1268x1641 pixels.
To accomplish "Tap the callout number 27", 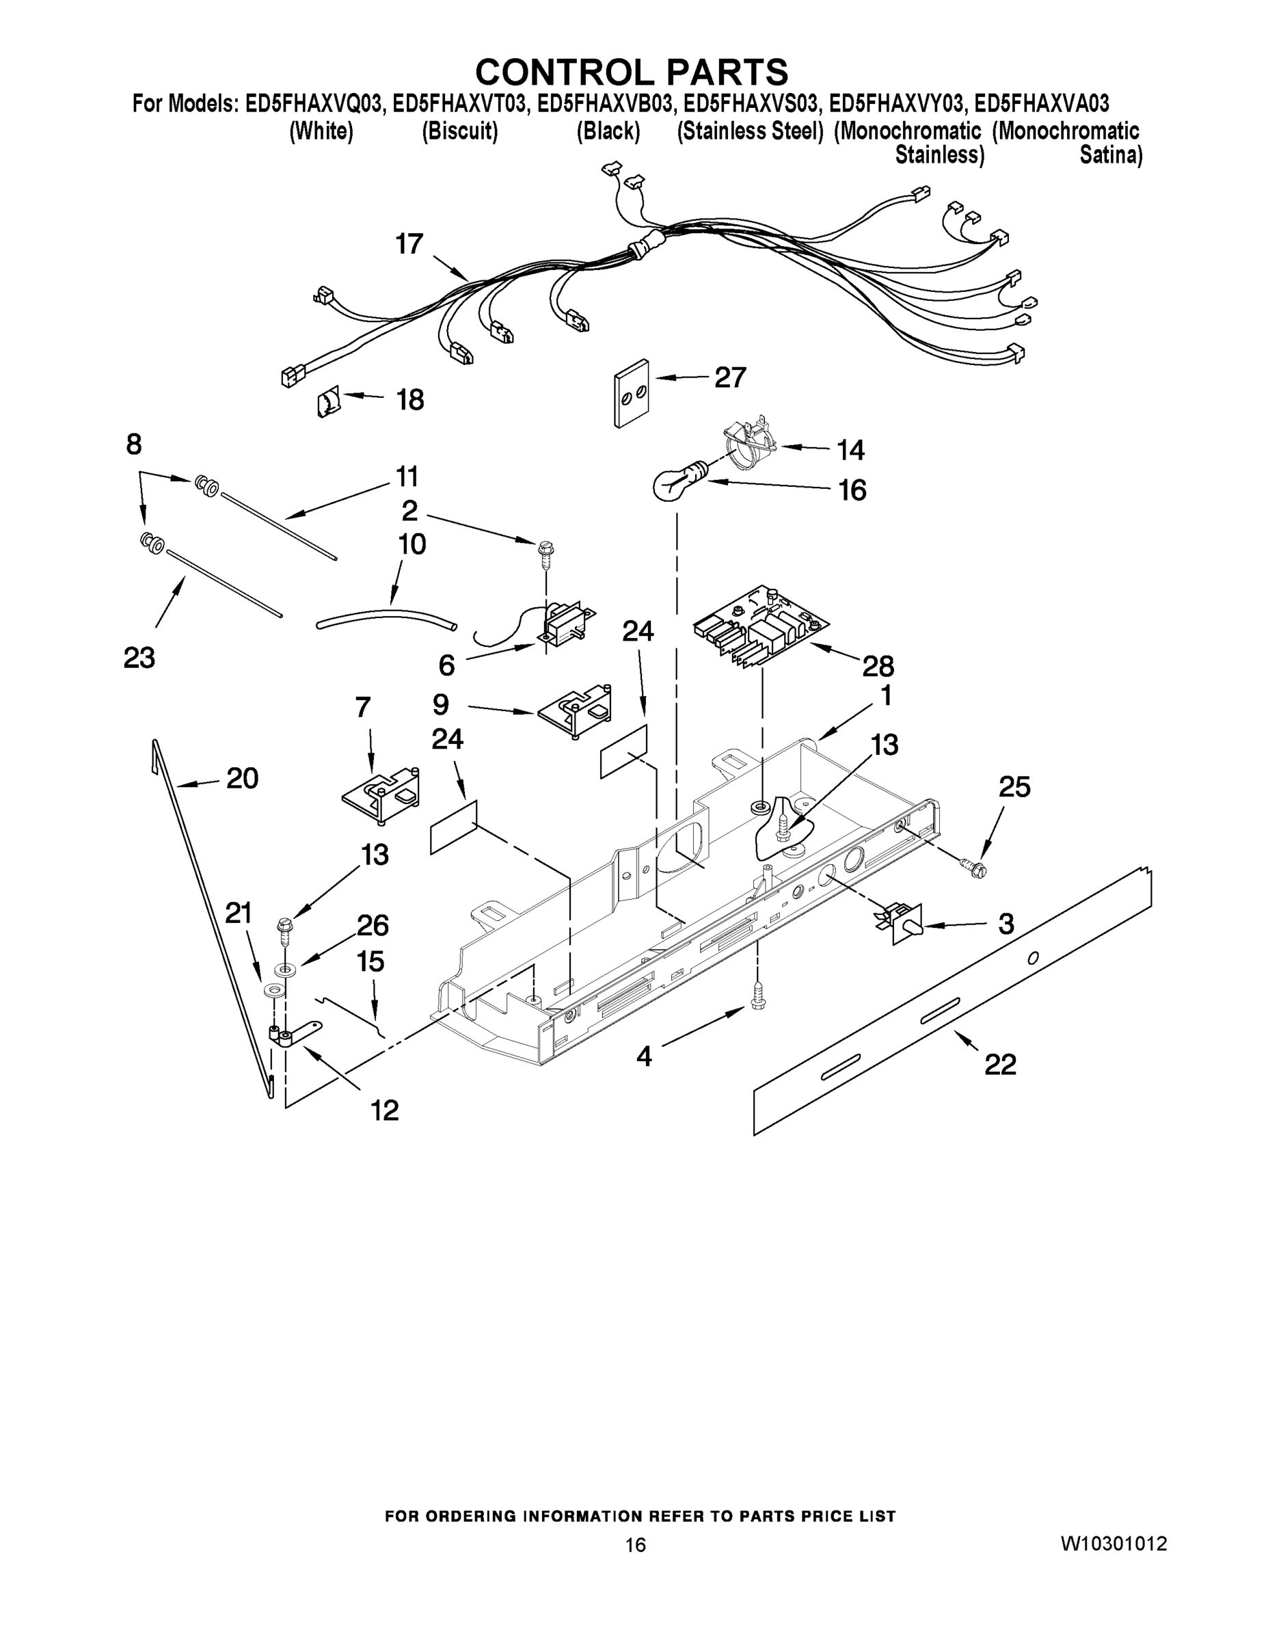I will point(729,377).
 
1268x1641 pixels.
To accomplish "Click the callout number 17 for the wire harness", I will point(409,244).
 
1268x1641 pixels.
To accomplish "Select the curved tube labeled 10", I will point(387,618).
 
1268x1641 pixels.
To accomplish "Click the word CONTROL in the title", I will point(564,73).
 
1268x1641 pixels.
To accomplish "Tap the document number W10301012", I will point(1114,1543).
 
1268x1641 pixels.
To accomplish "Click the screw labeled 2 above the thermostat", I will point(545,550).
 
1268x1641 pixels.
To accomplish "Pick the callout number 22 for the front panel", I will point(1000,1064).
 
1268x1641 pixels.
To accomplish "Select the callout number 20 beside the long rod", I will point(242,778).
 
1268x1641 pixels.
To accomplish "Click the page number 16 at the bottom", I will point(636,1545).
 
